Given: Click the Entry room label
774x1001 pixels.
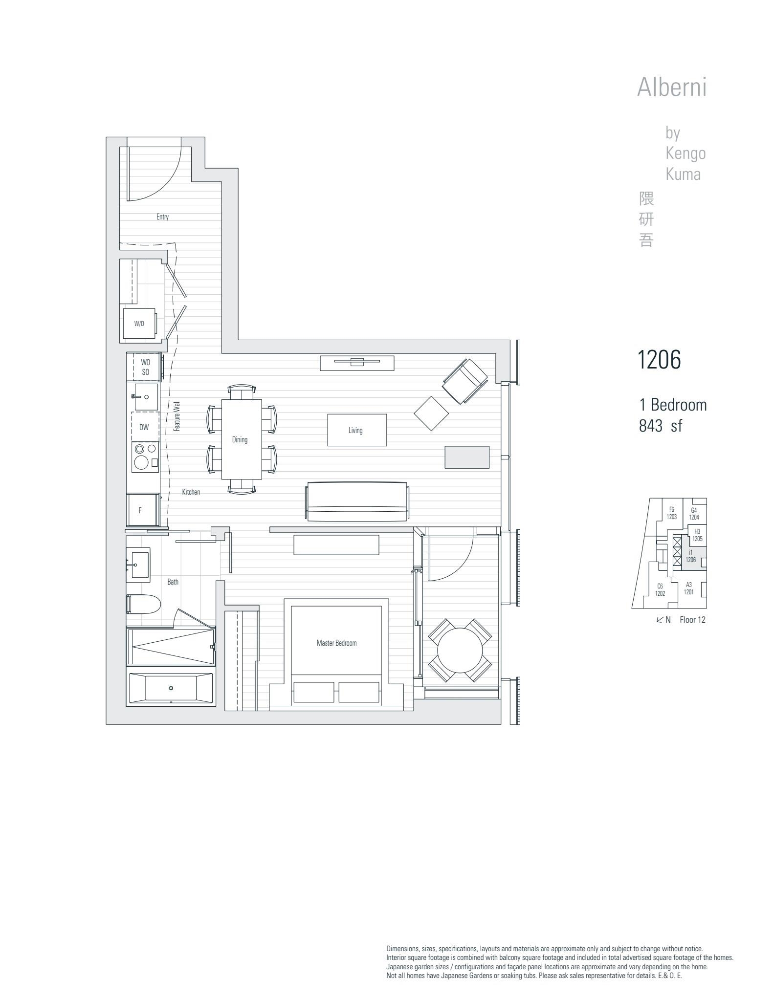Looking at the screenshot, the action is [162, 217].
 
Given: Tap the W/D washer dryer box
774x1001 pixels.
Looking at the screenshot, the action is [140, 323].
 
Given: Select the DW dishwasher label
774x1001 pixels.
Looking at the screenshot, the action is [144, 427].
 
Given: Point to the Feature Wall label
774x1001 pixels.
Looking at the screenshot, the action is [177, 415].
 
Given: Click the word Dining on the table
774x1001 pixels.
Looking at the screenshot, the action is [240, 439].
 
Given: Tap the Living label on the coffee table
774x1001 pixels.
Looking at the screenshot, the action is [355, 430].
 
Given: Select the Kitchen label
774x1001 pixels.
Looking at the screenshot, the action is [191, 492].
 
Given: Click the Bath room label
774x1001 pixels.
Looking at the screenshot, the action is [173, 582].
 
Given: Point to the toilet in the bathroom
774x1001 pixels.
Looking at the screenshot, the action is [144, 604].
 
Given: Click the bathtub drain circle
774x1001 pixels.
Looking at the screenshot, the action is [171, 688].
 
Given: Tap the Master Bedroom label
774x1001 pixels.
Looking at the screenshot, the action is [336, 643].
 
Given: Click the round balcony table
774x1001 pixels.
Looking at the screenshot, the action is [460, 650].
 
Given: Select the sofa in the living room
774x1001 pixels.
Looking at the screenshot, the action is [357, 501].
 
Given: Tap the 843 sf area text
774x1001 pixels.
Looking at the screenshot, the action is [660, 426].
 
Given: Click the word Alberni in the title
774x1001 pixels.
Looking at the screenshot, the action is [672, 87].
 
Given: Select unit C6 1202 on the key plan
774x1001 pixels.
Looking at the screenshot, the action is [660, 590].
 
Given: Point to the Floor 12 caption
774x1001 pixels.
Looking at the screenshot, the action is [692, 620].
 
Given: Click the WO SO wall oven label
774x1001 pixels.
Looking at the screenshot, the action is [145, 367].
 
